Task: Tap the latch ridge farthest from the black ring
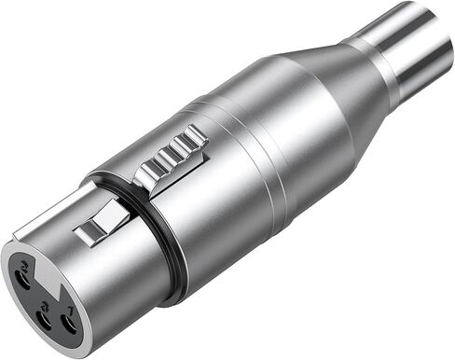coord(194,138)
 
